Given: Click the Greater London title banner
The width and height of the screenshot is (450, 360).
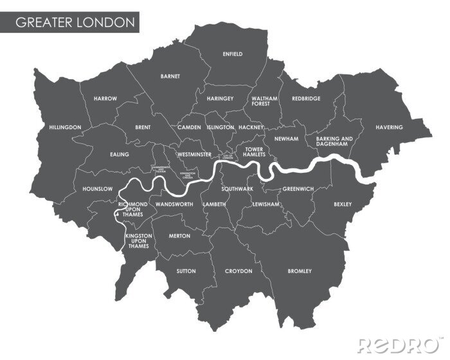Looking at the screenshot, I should click(x=75, y=22).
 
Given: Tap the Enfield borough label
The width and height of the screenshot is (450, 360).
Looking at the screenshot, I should click(x=232, y=54).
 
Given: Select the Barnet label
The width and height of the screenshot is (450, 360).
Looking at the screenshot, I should click(x=170, y=76).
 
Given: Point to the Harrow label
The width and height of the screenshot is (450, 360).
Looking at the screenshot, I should click(x=105, y=98).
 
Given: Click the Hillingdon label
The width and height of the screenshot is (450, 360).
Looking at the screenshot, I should click(x=65, y=127).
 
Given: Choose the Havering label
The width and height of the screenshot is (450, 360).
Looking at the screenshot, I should click(x=389, y=127).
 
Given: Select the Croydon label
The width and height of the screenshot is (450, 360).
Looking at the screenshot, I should click(x=239, y=271).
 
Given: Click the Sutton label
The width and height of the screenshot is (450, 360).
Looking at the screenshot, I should click(x=186, y=271).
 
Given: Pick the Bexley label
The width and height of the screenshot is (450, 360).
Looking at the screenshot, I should click(x=343, y=204).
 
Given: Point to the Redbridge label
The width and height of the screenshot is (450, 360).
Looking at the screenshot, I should click(x=306, y=98).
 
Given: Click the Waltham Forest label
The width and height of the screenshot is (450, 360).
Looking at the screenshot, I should click(x=264, y=101).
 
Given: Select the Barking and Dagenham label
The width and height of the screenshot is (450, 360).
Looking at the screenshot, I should click(x=335, y=141).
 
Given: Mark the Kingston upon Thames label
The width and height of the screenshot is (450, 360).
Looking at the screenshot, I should click(x=139, y=241).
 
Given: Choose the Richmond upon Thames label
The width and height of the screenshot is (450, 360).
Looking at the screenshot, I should click(x=133, y=209).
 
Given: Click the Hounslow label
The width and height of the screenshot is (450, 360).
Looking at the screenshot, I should click(x=98, y=189).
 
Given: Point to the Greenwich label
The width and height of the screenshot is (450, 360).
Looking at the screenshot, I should click(x=298, y=189).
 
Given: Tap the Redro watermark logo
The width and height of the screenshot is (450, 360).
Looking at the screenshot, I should click(x=399, y=344).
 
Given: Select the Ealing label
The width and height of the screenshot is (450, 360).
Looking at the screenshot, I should click(x=120, y=154).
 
